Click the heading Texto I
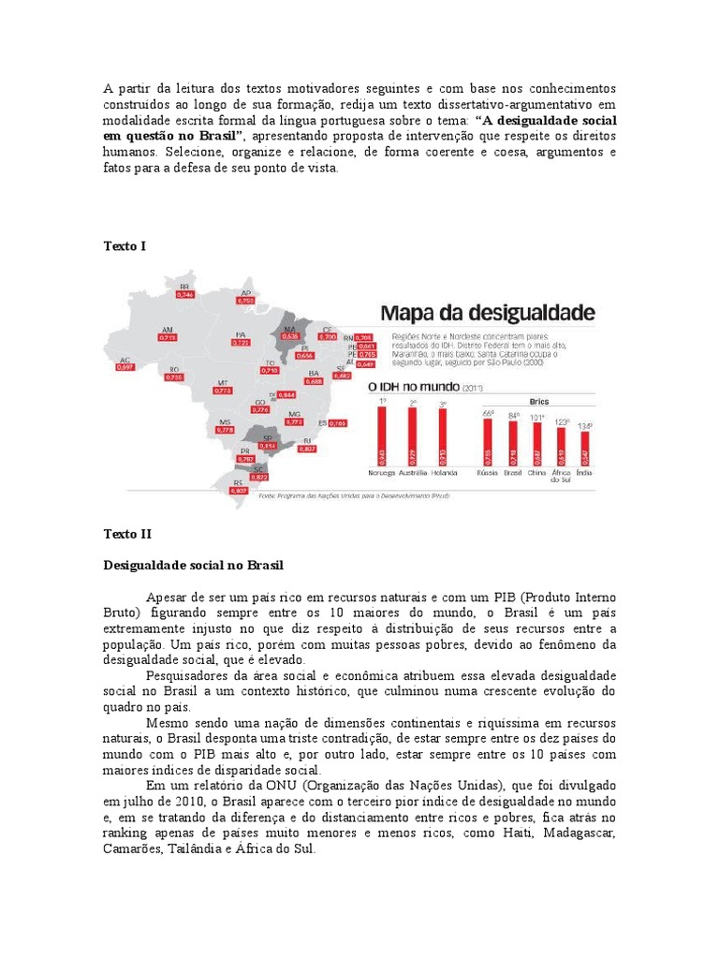pyautogui.click(x=124, y=245)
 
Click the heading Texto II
pyautogui.click(x=126, y=534)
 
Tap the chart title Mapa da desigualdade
pyautogui.click(x=485, y=312)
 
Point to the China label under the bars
pyautogui.click(x=536, y=473)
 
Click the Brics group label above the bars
pyautogui.click(x=536, y=399)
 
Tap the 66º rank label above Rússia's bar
pyautogui.click(x=487, y=411)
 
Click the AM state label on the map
pyautogui.click(x=168, y=330)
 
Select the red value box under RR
pyautogui.click(x=185, y=295)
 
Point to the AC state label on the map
pyautogui.click(x=124, y=360)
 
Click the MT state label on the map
pyautogui.click(x=223, y=382)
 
